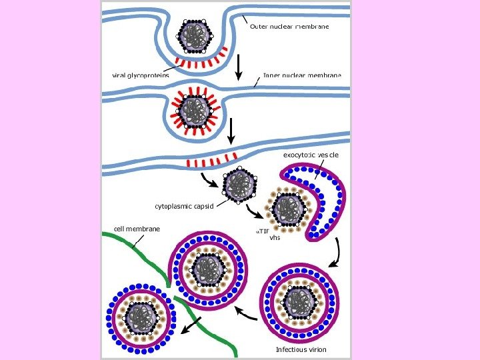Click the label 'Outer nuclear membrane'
[x=289, y=27]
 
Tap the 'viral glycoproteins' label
[x=141, y=75]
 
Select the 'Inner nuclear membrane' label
[x=302, y=75]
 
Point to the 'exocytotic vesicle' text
[x=311, y=155]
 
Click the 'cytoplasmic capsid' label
[x=184, y=206]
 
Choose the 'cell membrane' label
[x=137, y=229]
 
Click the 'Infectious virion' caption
[x=301, y=349]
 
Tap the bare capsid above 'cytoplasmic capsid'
[x=238, y=183]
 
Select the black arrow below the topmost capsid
[x=237, y=66]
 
